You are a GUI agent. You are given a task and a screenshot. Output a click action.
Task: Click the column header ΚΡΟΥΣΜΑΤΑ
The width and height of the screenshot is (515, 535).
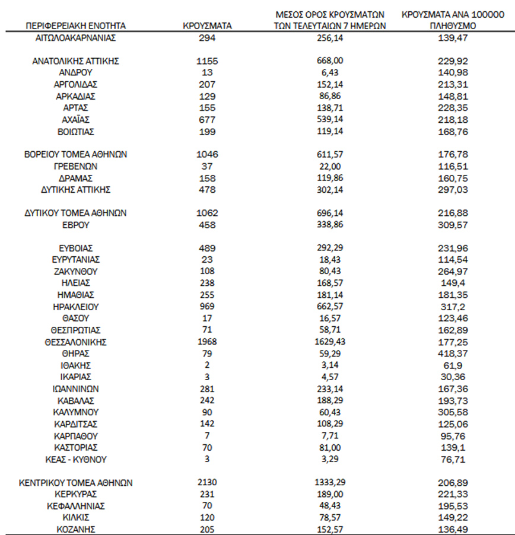click(x=207, y=26)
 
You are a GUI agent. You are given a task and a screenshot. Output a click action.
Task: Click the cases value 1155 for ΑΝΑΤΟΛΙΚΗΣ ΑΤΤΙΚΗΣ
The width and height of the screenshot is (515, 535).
click(x=207, y=60)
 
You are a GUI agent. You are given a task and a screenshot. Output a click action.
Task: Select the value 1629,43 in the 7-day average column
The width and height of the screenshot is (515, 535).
click(x=330, y=342)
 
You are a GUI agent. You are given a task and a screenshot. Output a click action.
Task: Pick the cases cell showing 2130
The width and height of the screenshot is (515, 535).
click(x=207, y=483)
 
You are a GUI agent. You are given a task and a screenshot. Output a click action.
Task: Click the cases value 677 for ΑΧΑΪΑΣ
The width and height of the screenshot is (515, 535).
click(x=207, y=119)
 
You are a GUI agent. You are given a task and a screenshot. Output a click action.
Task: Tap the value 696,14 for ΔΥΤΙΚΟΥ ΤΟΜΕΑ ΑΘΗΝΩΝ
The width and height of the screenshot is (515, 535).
click(x=330, y=213)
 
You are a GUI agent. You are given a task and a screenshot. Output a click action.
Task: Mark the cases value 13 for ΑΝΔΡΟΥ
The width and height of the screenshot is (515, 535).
click(x=207, y=72)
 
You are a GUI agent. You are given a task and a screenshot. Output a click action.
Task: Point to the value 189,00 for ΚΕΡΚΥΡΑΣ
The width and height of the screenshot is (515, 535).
click(x=330, y=494)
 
